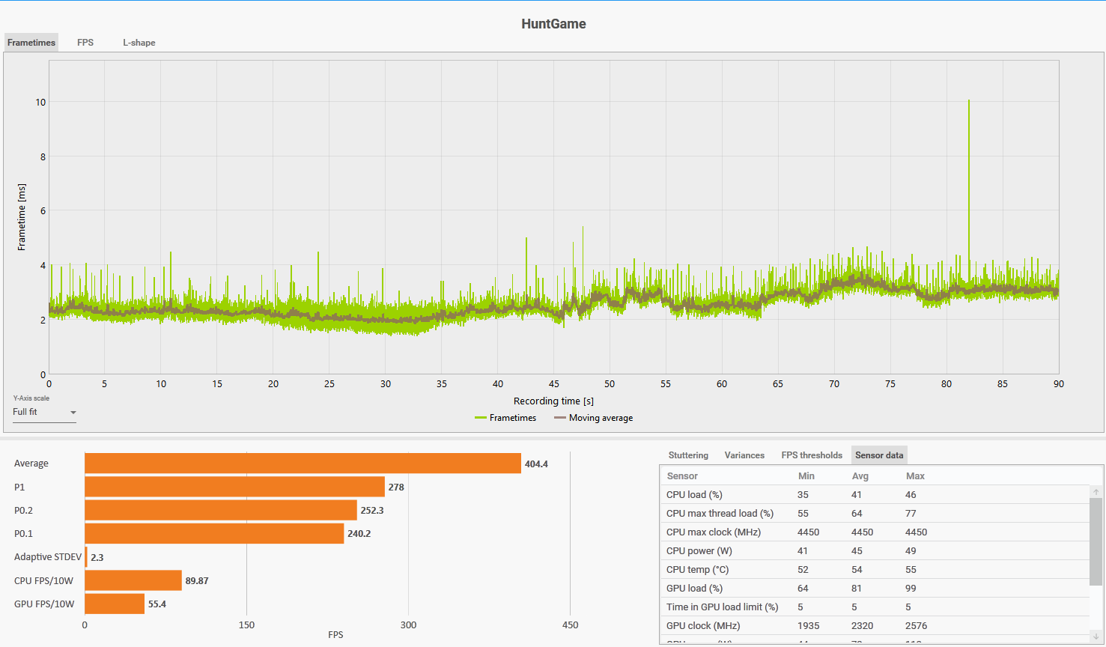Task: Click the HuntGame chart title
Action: coord(553,24)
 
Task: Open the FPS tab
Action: coord(85,43)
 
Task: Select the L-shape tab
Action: coord(139,43)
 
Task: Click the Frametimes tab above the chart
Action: coord(31,43)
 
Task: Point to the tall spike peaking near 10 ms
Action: coord(968,105)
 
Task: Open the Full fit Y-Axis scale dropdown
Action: coord(45,413)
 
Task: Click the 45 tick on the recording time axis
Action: coord(554,384)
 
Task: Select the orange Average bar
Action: coord(303,464)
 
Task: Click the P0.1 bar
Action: coord(214,534)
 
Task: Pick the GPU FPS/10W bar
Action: coord(115,604)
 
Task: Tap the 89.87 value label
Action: coord(197,581)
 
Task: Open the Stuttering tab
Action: coord(688,455)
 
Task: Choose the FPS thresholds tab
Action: coord(812,455)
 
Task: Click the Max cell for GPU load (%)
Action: coord(911,589)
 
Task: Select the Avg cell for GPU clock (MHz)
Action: coord(862,626)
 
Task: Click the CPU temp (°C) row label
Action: coord(698,570)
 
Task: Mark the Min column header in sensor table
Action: coord(806,476)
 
